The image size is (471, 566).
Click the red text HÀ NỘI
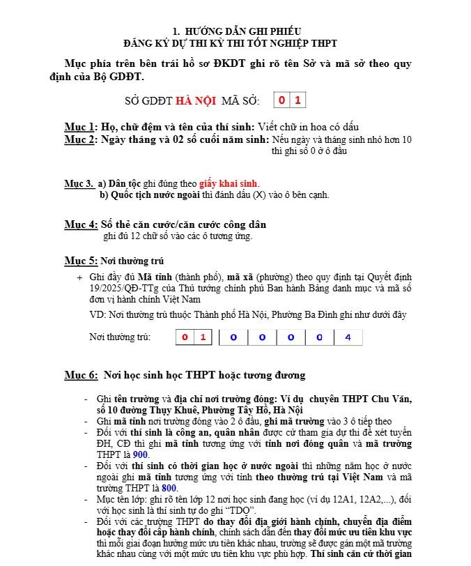tap(195, 101)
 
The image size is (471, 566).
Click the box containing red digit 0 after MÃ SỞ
tap(281, 100)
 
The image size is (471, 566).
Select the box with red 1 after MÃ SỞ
tap(298, 100)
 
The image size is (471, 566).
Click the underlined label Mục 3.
tap(79, 184)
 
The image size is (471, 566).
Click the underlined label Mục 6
tap(81, 375)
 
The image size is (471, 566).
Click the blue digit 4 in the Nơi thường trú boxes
tap(348, 337)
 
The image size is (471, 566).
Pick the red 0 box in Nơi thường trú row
tap(185, 337)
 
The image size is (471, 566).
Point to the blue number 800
tap(169, 488)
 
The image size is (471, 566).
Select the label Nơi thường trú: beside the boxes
tap(120, 337)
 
